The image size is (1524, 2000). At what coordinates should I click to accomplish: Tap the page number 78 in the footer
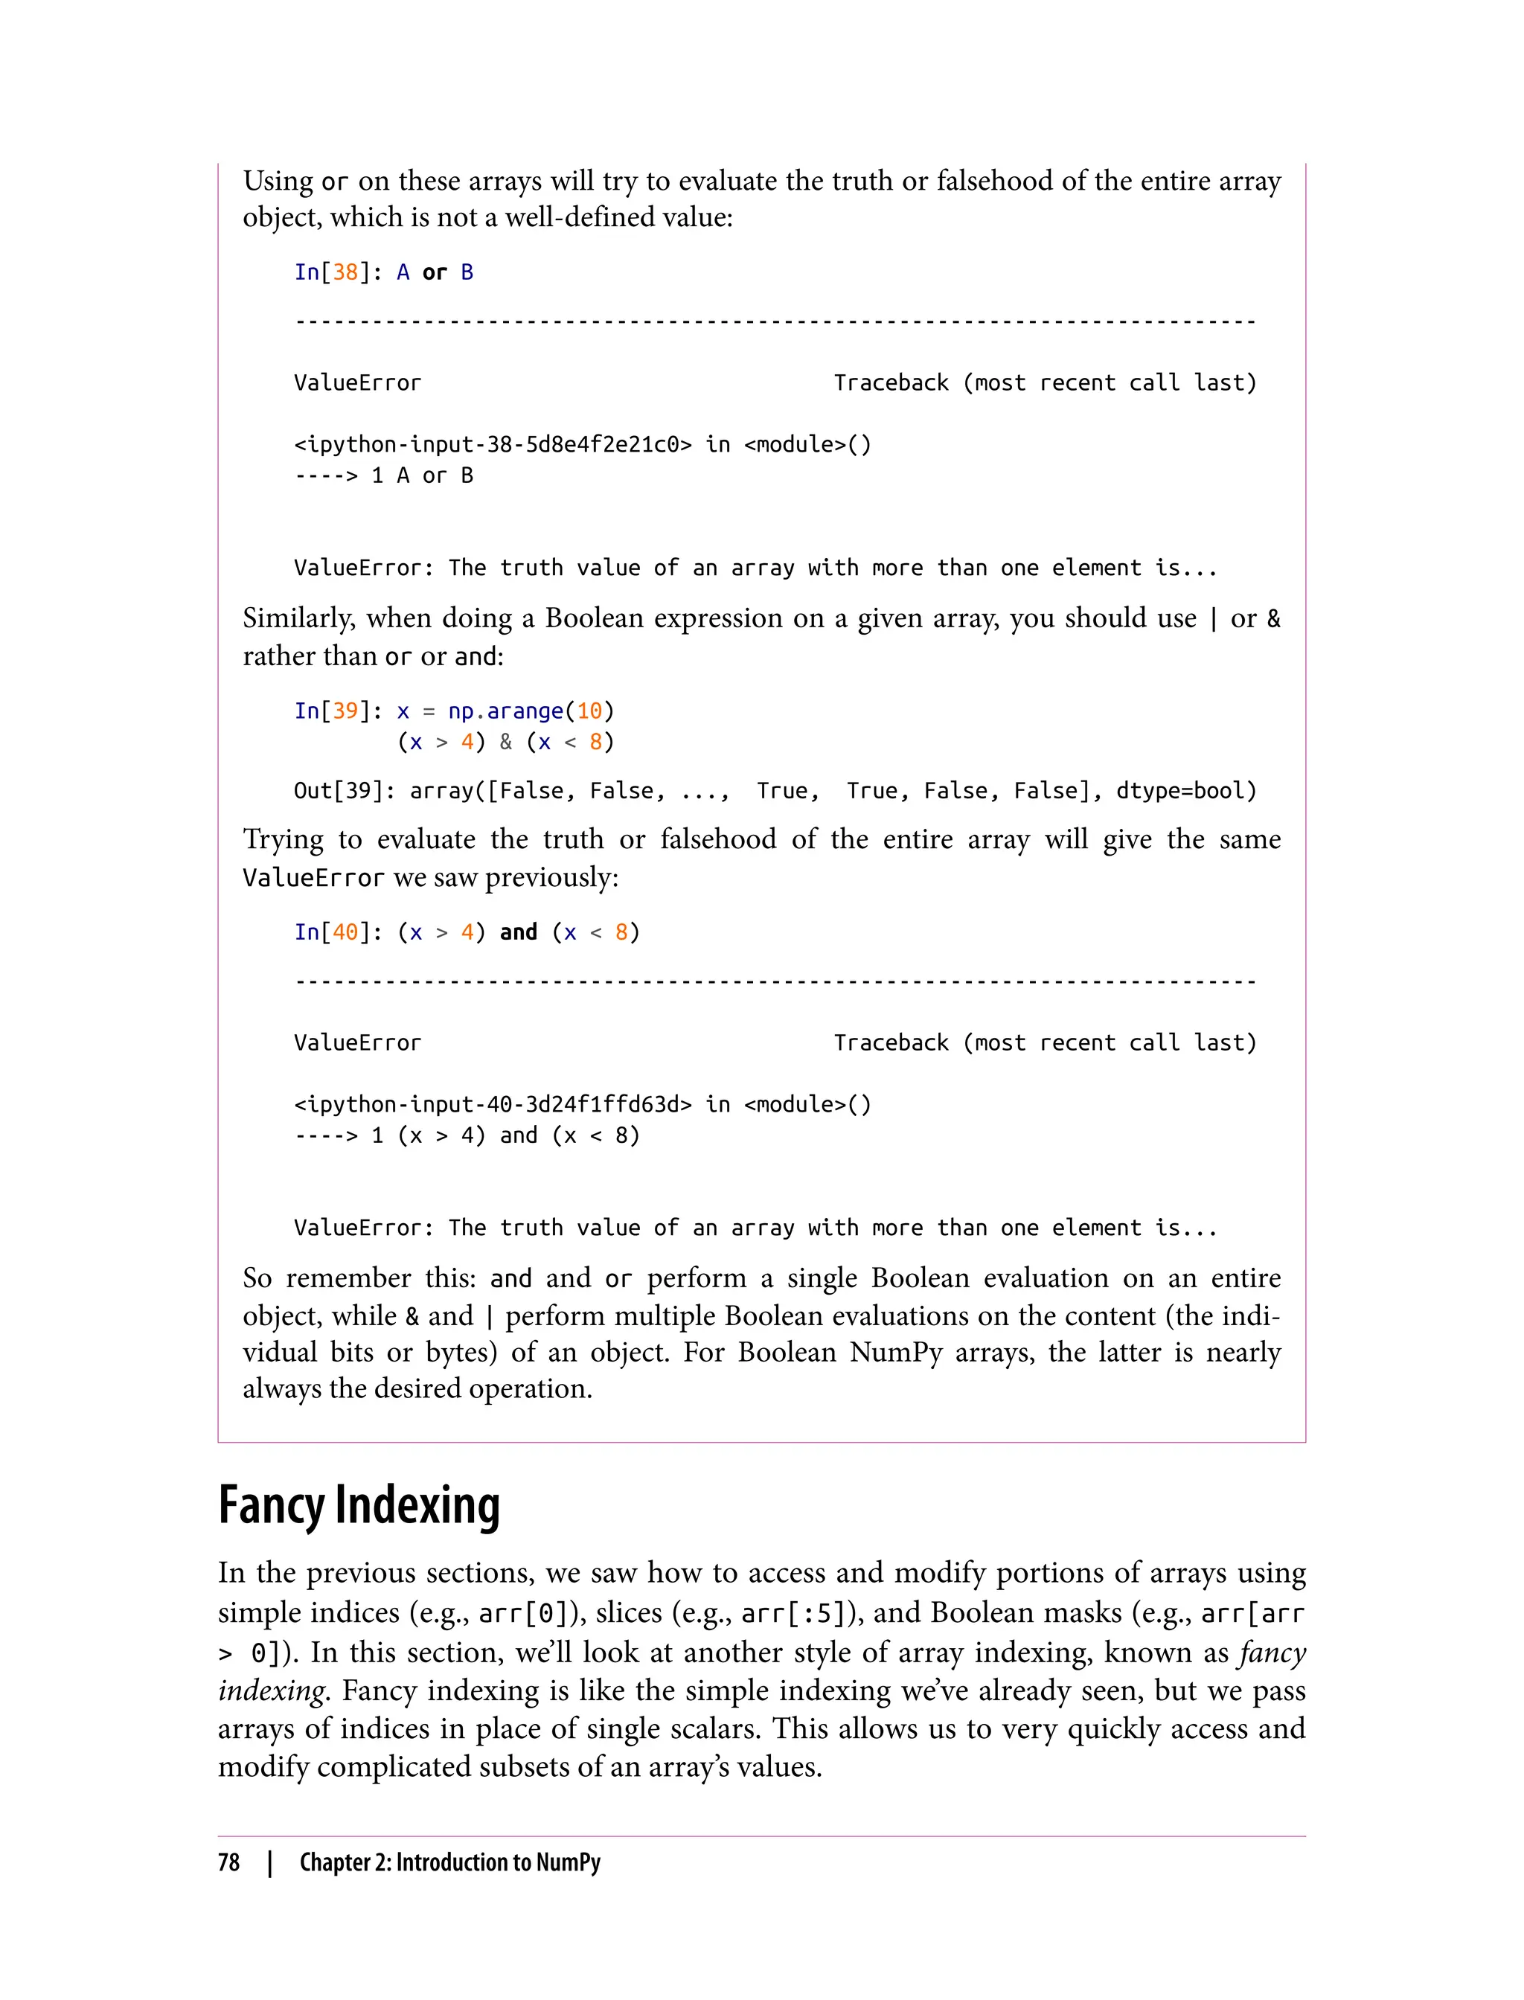point(228,1862)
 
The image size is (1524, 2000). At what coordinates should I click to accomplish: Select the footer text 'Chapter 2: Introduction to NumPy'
point(450,1862)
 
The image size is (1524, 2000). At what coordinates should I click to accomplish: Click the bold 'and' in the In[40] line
point(518,932)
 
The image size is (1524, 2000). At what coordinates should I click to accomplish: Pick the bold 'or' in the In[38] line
point(435,272)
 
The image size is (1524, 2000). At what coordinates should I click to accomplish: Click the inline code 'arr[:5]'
point(787,1612)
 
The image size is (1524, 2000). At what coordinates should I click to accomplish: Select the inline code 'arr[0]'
point(525,1612)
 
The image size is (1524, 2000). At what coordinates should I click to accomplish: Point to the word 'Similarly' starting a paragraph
point(298,618)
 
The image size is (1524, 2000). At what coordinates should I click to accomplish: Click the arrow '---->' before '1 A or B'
point(326,475)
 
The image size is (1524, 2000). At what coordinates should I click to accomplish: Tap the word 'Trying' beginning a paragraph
point(283,839)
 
